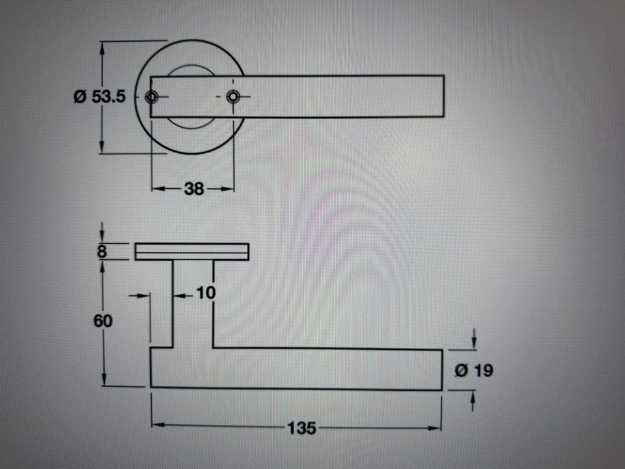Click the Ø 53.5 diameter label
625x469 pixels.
click(100, 96)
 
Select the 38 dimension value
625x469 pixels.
click(194, 189)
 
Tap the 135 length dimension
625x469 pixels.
click(301, 428)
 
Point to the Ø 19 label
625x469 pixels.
click(474, 371)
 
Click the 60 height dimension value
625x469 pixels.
click(103, 320)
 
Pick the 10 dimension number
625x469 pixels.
click(206, 293)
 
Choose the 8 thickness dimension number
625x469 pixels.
click(102, 251)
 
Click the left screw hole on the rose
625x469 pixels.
click(152, 97)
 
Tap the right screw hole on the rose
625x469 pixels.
click(233, 96)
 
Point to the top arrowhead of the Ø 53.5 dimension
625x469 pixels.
click(102, 48)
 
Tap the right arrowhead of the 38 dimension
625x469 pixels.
click(227, 189)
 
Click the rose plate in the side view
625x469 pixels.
click(191, 251)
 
